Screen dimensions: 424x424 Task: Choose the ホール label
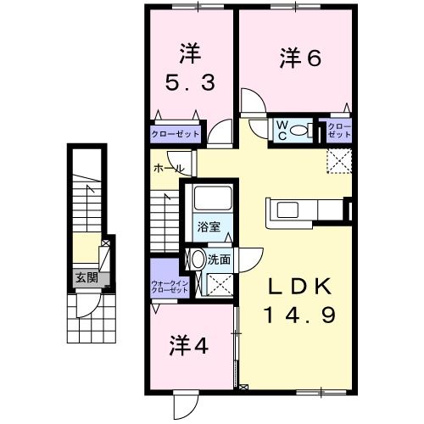[x=167, y=168]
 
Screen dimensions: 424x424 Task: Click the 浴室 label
[x=209, y=226]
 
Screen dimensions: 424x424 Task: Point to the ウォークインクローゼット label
[x=169, y=286]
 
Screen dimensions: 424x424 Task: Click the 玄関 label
[x=86, y=277]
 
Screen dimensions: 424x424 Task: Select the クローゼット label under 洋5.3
[x=176, y=134]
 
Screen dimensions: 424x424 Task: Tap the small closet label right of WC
[x=339, y=130]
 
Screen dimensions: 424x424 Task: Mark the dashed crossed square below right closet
[x=338, y=160]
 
